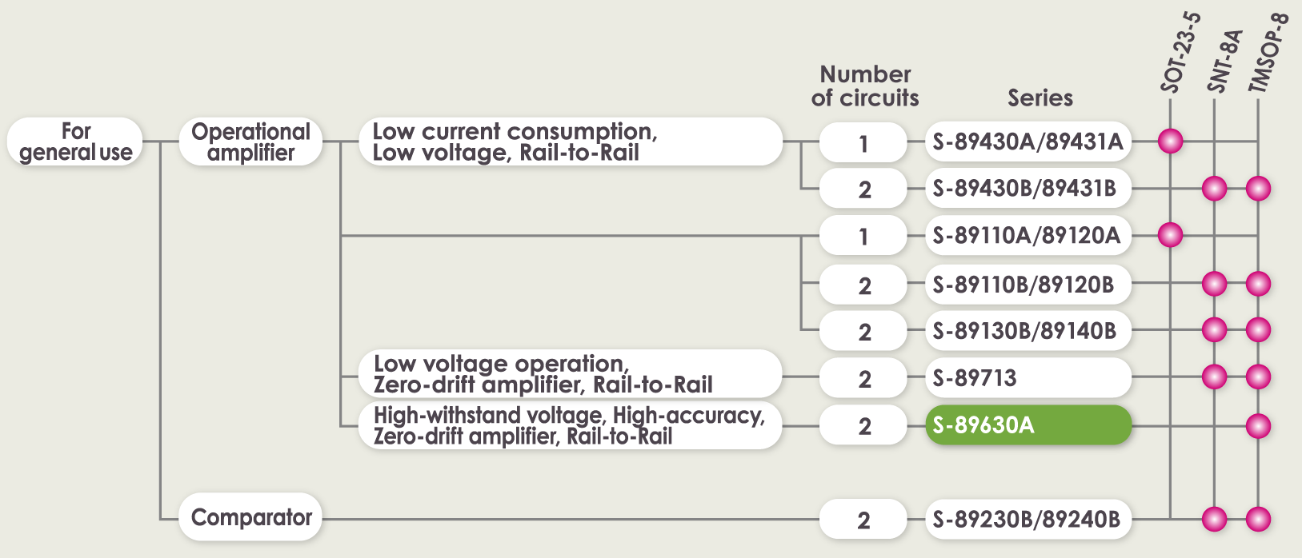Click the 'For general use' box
coord(75,141)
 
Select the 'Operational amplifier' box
coord(250,141)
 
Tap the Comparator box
coord(250,516)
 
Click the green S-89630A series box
coord(1028,425)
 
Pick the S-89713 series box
coord(1028,377)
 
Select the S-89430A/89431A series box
coord(1028,141)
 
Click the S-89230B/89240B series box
coord(1028,519)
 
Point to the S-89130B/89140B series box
coord(1028,331)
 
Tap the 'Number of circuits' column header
coord(865,86)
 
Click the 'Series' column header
coord(1040,98)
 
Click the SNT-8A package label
coord(1224,62)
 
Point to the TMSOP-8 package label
coord(1268,54)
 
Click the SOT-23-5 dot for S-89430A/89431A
coord(1170,141)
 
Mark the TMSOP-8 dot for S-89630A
coord(1259,426)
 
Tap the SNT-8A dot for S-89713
coord(1214,377)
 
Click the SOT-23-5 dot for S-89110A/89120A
coord(1170,235)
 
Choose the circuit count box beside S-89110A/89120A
coord(863,236)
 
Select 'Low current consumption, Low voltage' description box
coord(571,141)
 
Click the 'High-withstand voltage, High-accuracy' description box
coord(571,425)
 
